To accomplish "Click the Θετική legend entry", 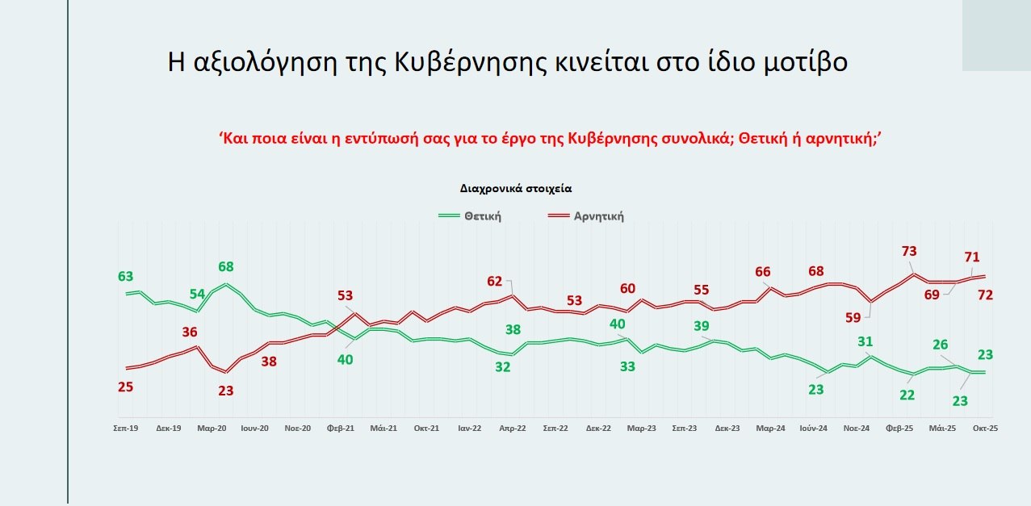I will pyautogui.click(x=482, y=216).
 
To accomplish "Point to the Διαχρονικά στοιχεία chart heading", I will pyautogui.click(x=516, y=187).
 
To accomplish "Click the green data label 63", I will pyautogui.click(x=126, y=277).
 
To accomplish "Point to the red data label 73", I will pyautogui.click(x=910, y=251).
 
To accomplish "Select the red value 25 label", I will pyautogui.click(x=124, y=387).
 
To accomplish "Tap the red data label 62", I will pyautogui.click(x=494, y=282).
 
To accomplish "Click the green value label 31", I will pyautogui.click(x=865, y=341).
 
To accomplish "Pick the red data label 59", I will pyautogui.click(x=853, y=318).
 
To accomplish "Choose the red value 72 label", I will pyautogui.click(x=985, y=295).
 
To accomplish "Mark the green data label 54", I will pyautogui.click(x=198, y=293).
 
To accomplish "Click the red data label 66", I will pyautogui.click(x=763, y=272).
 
